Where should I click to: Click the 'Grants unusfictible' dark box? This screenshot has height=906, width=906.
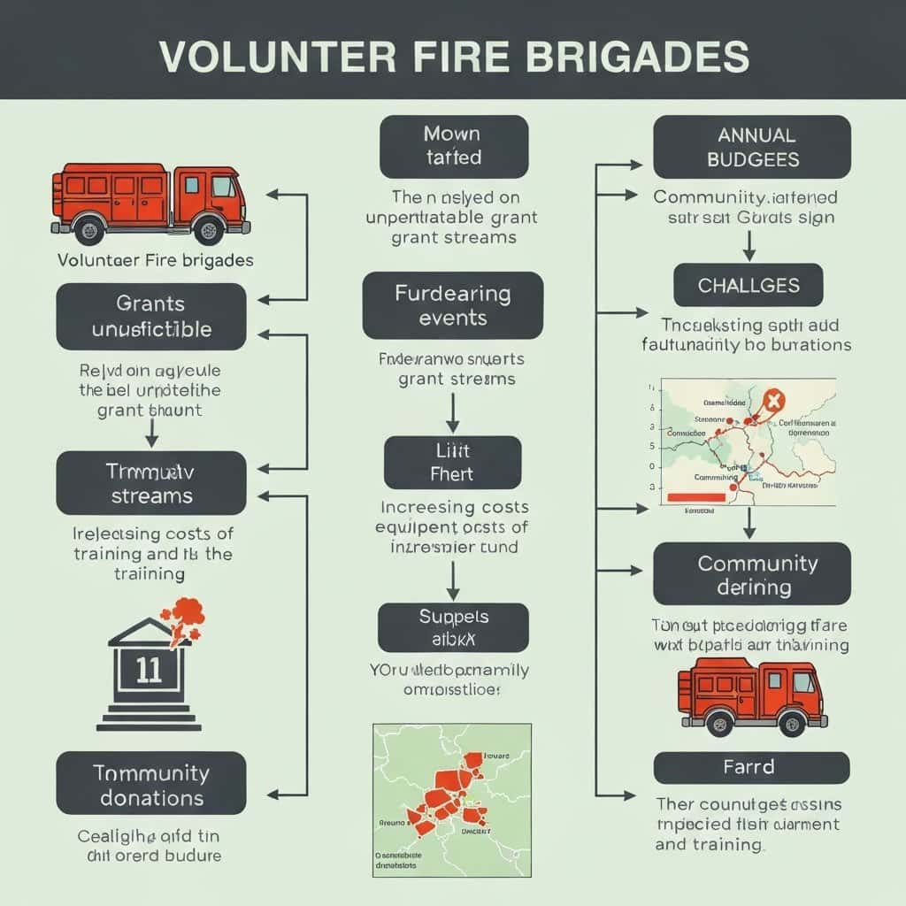(x=151, y=317)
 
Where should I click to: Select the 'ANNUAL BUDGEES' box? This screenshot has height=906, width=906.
(x=752, y=147)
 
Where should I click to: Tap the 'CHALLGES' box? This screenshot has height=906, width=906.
(x=749, y=286)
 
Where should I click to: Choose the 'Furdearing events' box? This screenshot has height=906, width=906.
(x=452, y=305)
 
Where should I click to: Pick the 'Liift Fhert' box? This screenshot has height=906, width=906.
(x=452, y=462)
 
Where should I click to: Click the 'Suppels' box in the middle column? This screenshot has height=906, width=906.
(x=452, y=627)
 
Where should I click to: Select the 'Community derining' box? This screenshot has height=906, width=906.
(x=752, y=574)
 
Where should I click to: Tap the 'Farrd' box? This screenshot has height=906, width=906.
(x=752, y=767)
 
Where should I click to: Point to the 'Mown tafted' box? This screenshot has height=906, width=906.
(x=453, y=146)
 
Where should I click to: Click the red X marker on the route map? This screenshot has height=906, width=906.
(x=772, y=402)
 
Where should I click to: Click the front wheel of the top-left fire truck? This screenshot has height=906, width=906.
(x=210, y=230)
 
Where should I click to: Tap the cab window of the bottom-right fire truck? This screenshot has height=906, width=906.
(x=803, y=683)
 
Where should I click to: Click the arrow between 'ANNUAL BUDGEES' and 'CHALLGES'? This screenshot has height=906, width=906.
(x=749, y=244)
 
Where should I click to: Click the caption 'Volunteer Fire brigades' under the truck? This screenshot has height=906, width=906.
(x=155, y=260)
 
